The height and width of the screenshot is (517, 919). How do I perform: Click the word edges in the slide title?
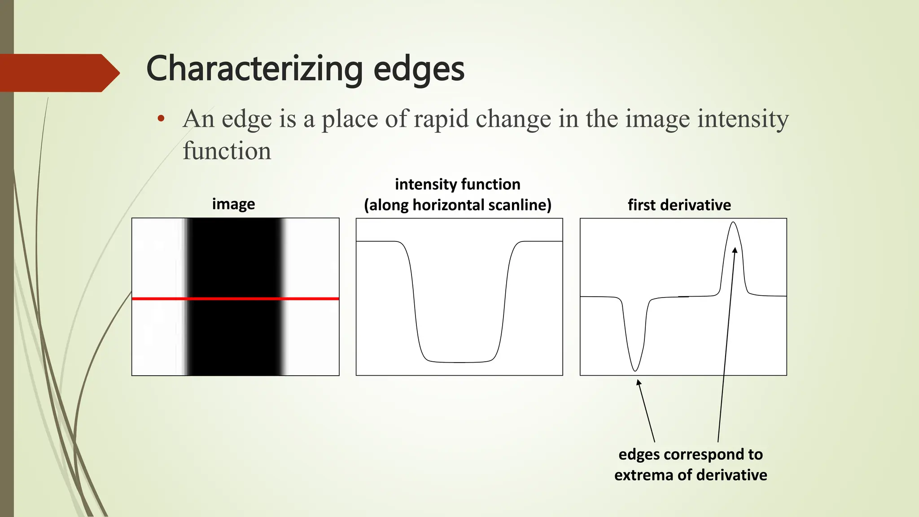(x=419, y=70)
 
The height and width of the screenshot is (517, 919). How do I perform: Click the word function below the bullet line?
(x=227, y=151)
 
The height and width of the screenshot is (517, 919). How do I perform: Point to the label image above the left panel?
(x=233, y=204)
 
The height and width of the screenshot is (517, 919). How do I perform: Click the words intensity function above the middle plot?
(x=457, y=184)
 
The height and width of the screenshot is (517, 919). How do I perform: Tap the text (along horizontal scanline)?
(x=457, y=205)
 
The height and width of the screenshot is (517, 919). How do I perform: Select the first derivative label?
(x=679, y=205)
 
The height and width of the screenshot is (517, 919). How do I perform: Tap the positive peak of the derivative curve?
(x=733, y=223)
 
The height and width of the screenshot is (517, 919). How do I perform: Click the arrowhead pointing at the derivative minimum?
(x=639, y=382)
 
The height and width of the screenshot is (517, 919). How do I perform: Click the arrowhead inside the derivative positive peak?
(x=735, y=250)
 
